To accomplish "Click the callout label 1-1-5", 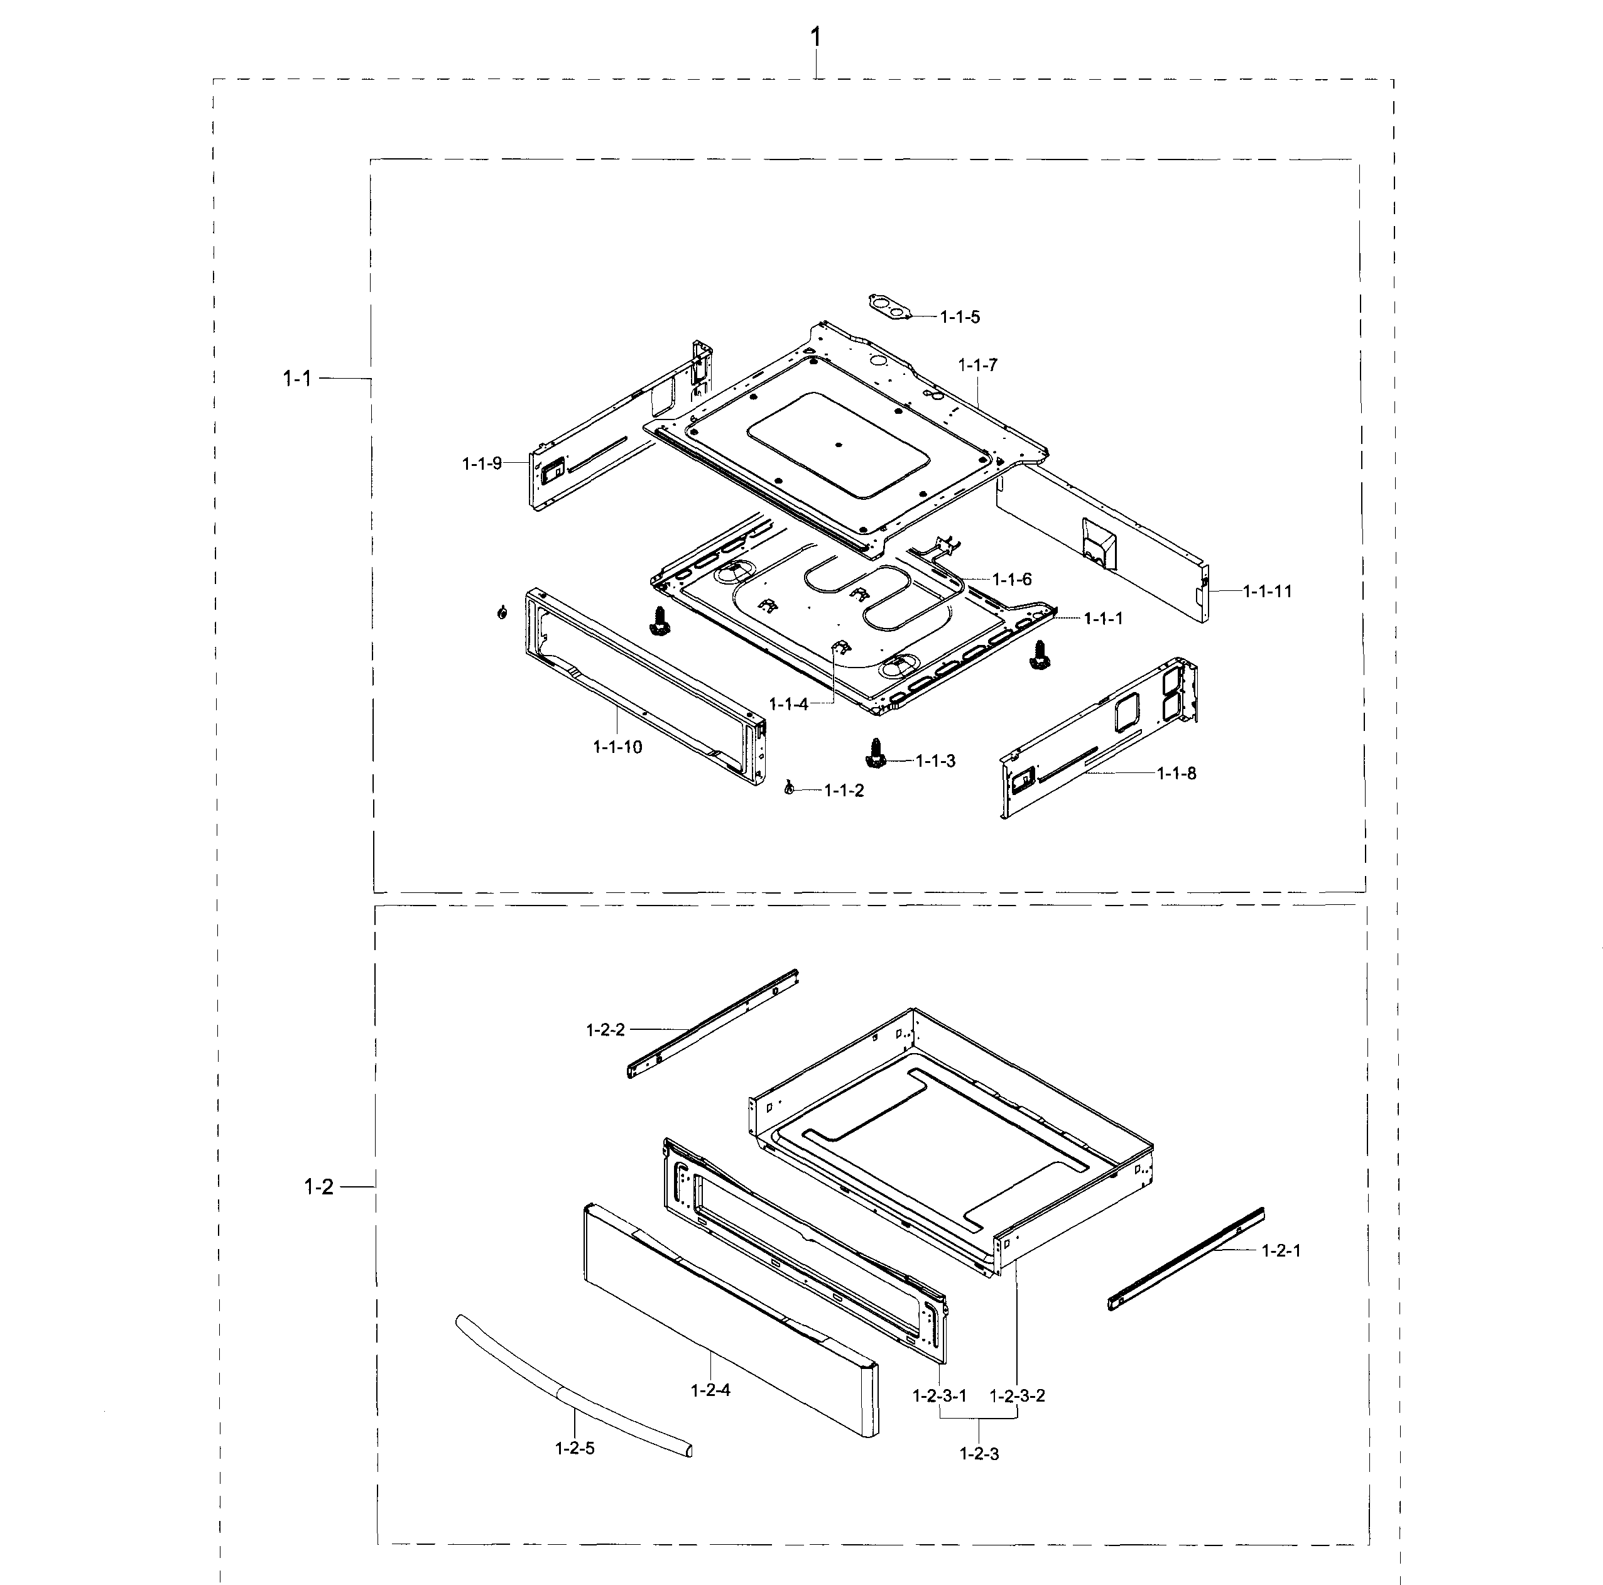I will pos(959,317).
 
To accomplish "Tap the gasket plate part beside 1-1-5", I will pos(886,305).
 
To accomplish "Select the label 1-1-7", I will pos(977,365).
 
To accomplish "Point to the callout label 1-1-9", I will pos(482,463).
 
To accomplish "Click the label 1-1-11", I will pos(1267,592).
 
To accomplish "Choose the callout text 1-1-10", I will pos(617,747).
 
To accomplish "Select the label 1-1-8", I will pos(1176,774).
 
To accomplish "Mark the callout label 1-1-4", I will pos(788,704).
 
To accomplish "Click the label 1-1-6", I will pos(1013,579).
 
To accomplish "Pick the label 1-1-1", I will pos(1104,619).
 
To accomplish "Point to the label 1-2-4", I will pos(710,1390).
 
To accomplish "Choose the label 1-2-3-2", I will pos(1018,1395).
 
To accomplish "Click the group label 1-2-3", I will pos(979,1454).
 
